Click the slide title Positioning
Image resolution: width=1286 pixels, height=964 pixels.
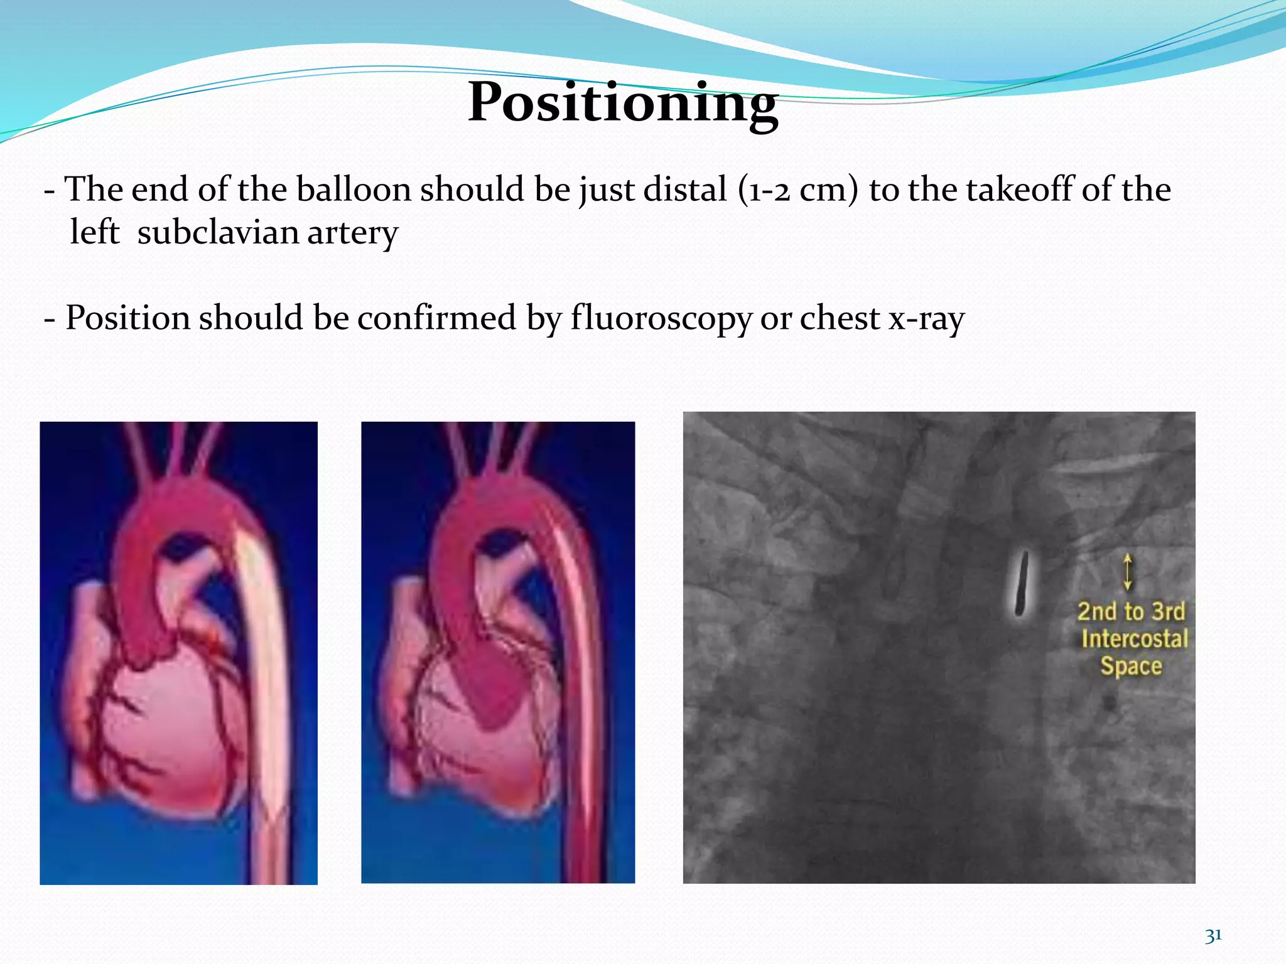623,102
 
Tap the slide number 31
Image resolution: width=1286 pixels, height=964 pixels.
1213,935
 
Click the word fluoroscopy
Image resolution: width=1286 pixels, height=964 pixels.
661,318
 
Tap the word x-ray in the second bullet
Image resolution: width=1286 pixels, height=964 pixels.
926,318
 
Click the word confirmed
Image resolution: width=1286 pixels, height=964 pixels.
436,318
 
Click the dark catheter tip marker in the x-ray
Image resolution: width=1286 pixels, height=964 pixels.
1022,582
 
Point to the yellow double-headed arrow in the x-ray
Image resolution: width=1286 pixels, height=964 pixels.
1128,571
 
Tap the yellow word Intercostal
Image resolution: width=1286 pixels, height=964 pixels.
1134,639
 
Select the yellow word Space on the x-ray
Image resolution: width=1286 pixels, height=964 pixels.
1131,666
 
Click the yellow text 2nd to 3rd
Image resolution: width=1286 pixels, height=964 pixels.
1131,611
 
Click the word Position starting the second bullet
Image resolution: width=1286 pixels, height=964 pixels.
127,318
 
